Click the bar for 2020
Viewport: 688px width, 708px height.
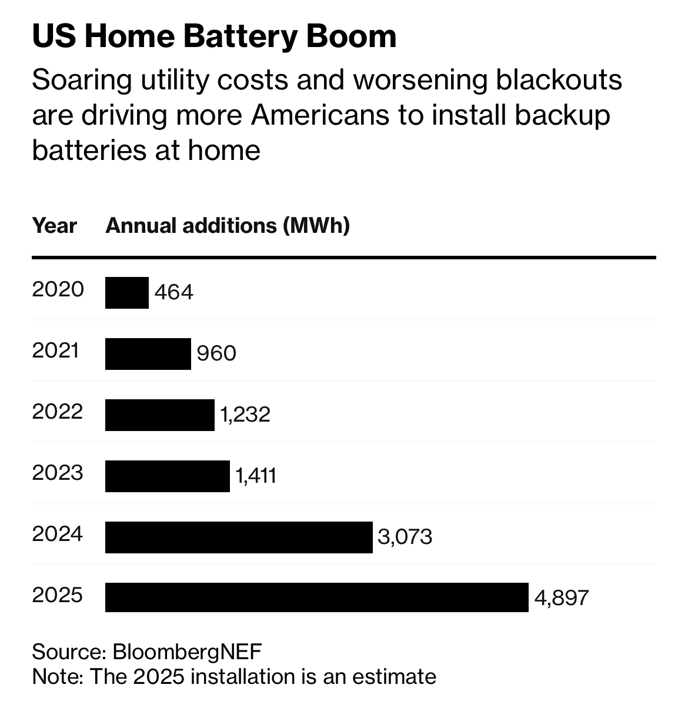[x=126, y=293]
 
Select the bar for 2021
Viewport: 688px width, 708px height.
[x=148, y=354]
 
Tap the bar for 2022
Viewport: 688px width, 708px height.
[x=159, y=415]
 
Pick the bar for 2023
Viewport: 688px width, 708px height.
[x=167, y=476]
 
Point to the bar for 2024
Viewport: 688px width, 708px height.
[x=238, y=537]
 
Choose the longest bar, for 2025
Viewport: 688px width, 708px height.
[x=316, y=598]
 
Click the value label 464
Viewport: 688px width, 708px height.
[x=173, y=292]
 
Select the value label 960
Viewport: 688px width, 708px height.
[x=216, y=353]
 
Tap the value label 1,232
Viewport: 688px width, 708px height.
[x=245, y=415]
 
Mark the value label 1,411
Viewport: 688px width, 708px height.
[x=256, y=476]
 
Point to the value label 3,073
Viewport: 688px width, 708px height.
[x=405, y=537]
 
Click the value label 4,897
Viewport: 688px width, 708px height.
[x=562, y=598]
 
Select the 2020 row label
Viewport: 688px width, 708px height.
[x=58, y=289]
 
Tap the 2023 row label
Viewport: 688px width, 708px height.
[x=58, y=473]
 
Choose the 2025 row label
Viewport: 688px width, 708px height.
[x=58, y=595]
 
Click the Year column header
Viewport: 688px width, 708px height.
[x=54, y=226]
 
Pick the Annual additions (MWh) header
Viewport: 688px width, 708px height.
[x=228, y=226]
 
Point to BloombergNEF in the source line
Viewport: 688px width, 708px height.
[x=187, y=652]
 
